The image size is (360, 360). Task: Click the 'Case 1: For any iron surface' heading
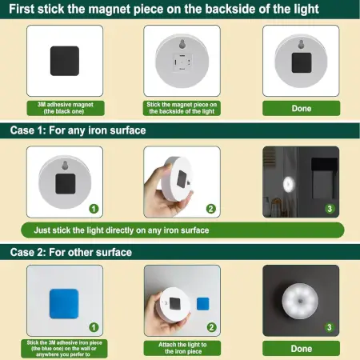pos(78,130)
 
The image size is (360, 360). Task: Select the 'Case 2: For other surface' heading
pos(71,252)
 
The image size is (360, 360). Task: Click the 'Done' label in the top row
pos(301,108)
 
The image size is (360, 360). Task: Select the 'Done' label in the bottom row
pos(301,348)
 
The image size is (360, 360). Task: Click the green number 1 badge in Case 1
pos(94,209)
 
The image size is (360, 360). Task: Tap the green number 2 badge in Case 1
pos(211,209)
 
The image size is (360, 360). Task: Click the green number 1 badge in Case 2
pos(94,327)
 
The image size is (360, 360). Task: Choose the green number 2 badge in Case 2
pos(211,327)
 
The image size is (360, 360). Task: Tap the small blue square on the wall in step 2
pos(203,303)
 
